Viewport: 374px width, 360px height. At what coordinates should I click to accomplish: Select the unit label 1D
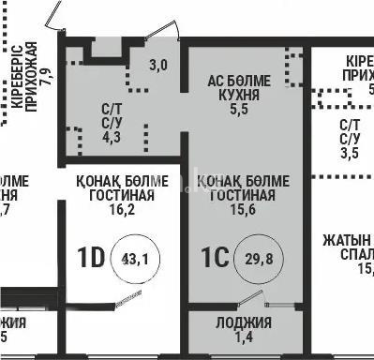(90, 257)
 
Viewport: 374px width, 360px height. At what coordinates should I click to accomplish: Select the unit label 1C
(216, 257)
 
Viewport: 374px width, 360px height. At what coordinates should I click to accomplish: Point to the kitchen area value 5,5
(239, 110)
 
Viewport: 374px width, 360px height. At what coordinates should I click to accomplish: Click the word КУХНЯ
(239, 96)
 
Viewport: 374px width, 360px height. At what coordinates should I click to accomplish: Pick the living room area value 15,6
(242, 211)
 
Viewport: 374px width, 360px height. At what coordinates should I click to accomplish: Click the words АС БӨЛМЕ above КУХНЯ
(239, 82)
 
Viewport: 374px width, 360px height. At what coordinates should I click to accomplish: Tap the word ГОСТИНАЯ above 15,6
(242, 195)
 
